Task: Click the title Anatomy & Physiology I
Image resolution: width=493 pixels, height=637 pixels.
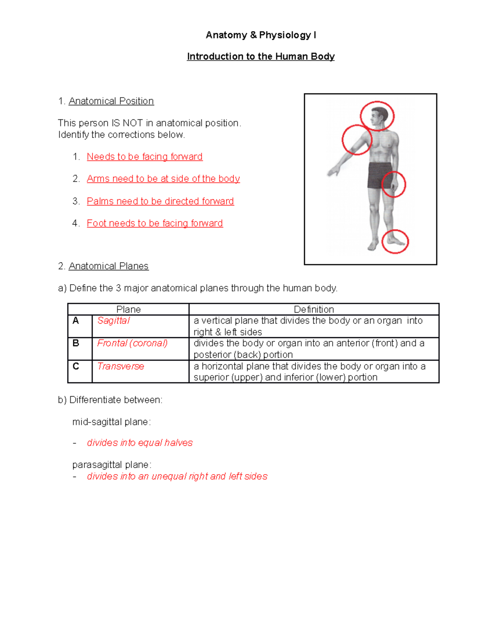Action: pyautogui.click(x=261, y=35)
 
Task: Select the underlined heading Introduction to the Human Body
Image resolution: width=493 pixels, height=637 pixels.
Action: pyautogui.click(x=261, y=57)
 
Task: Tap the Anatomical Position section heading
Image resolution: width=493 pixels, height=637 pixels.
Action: pyautogui.click(x=111, y=101)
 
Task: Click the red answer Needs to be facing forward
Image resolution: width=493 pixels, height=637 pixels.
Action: pyautogui.click(x=145, y=157)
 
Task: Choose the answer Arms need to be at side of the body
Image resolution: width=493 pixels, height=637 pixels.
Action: pyautogui.click(x=163, y=179)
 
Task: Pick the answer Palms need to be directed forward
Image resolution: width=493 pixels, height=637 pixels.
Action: pyautogui.click(x=160, y=201)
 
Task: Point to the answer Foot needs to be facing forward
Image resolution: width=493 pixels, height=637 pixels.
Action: pyautogui.click(x=155, y=224)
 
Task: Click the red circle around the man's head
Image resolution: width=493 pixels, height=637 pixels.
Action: pyautogui.click(x=377, y=116)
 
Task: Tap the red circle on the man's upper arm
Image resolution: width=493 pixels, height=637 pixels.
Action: pyautogui.click(x=357, y=140)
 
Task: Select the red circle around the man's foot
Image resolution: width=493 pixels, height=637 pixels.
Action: pyautogui.click(x=395, y=241)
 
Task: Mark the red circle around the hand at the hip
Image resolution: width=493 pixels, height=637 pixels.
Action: pyautogui.click(x=394, y=185)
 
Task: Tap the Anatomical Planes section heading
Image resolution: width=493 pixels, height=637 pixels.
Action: pyautogui.click(x=108, y=266)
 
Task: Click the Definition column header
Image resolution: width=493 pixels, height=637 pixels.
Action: pyautogui.click(x=314, y=309)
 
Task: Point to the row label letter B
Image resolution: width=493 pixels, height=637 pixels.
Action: pyautogui.click(x=76, y=343)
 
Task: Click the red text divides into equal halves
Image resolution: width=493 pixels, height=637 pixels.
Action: pyautogui.click(x=140, y=443)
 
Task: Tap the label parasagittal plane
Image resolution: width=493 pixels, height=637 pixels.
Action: pyautogui.click(x=112, y=465)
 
